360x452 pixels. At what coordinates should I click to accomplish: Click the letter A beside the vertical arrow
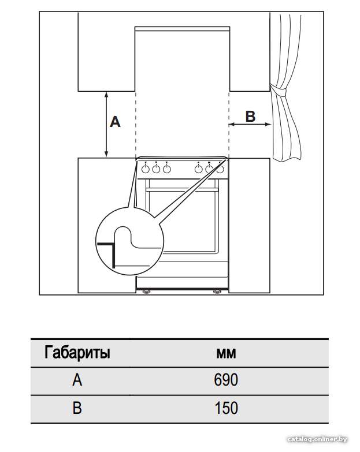point(115,122)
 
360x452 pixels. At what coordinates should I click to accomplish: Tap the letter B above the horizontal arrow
point(250,117)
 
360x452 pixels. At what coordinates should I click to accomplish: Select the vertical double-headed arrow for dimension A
point(106,125)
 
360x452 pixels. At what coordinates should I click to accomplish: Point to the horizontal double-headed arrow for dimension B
point(250,124)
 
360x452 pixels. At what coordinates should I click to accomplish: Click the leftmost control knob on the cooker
point(146,169)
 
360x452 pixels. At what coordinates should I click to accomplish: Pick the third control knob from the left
point(167,169)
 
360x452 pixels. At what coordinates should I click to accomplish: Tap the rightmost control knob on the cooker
point(220,169)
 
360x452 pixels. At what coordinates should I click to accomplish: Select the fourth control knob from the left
point(198,169)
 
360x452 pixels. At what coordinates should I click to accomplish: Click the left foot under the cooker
point(146,292)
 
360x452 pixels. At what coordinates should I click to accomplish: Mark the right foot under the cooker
point(217,292)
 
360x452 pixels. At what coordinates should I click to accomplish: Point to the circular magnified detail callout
point(129,241)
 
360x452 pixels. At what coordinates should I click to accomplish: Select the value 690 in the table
point(226,380)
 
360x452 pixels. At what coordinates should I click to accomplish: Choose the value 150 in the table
point(227,408)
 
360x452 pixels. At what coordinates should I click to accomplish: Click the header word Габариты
point(77,352)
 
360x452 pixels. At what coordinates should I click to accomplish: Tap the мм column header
point(226,353)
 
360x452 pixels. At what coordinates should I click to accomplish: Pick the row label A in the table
point(77,380)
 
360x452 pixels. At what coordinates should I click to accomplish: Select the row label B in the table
point(77,408)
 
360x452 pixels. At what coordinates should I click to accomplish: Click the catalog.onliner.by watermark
point(317,439)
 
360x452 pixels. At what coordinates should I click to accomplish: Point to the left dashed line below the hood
point(135,125)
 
